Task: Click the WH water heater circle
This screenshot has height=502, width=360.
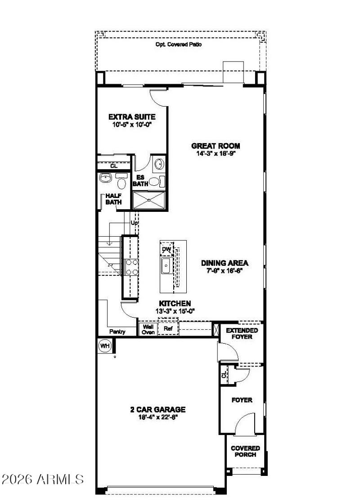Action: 104,346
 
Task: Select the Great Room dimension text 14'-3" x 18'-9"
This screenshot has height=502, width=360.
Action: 216,153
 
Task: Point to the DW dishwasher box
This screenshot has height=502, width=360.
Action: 166,249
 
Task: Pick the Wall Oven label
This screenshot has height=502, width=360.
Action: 148,330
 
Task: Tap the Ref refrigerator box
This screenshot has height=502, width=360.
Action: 168,329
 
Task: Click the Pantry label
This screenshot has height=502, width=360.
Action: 117,332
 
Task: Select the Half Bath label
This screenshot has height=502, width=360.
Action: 113,199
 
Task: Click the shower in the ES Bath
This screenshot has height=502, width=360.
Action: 149,200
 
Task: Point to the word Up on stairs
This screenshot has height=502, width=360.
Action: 134,223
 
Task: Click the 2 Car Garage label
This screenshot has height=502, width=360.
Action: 157,410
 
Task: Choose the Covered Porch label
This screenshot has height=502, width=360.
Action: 245,451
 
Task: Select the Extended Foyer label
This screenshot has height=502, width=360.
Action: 242,333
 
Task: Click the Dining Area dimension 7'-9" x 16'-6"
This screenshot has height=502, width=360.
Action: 225,271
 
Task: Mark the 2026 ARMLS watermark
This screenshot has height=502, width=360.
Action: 43,479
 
